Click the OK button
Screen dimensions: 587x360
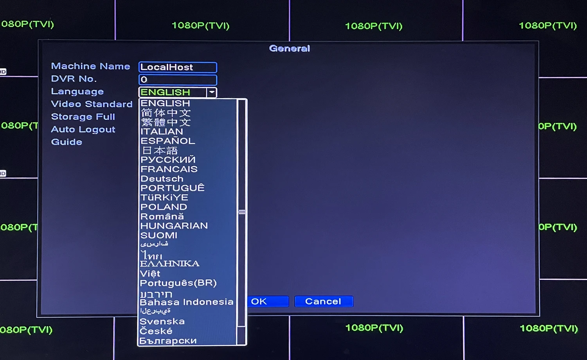pyautogui.click(x=268, y=301)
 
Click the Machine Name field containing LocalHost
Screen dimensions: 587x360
pyautogui.click(x=178, y=67)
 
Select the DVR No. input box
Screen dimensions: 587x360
pyautogui.click(x=178, y=80)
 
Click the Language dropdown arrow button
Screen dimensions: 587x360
pyautogui.click(x=212, y=92)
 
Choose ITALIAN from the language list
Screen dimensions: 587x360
pyautogui.click(x=162, y=131)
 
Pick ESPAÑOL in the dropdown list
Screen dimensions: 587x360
pyautogui.click(x=167, y=141)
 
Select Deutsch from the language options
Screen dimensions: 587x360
pyautogui.click(x=162, y=179)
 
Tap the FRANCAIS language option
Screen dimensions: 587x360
pyautogui.click(x=169, y=169)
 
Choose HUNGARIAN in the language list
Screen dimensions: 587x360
pyautogui.click(x=174, y=226)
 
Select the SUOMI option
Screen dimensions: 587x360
pyautogui.click(x=159, y=235)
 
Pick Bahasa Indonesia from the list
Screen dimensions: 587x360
pyautogui.click(x=186, y=302)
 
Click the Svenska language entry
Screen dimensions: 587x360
pyautogui.click(x=162, y=321)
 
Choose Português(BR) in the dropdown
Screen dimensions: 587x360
pyautogui.click(x=178, y=283)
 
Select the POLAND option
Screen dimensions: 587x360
pyautogui.click(x=164, y=207)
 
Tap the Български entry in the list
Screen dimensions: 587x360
pyautogui.click(x=168, y=340)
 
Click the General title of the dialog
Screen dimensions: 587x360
pyautogui.click(x=290, y=49)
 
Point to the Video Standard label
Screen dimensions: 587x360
pyautogui.click(x=92, y=104)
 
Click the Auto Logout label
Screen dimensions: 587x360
pyautogui.click(x=83, y=130)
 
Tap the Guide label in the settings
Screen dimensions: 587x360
pyautogui.click(x=67, y=142)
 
